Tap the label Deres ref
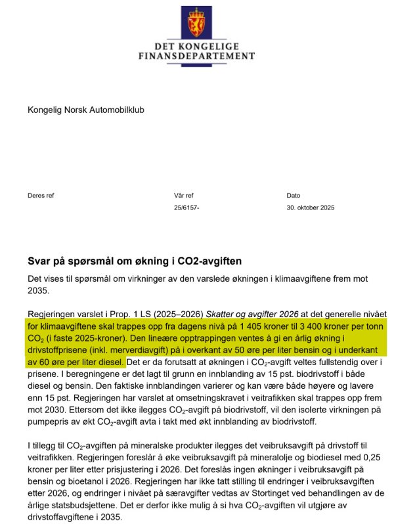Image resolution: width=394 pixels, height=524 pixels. coord(41,195)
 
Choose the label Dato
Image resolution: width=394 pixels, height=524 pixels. coord(294,195)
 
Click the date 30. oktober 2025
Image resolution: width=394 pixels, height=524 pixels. coord(311,207)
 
